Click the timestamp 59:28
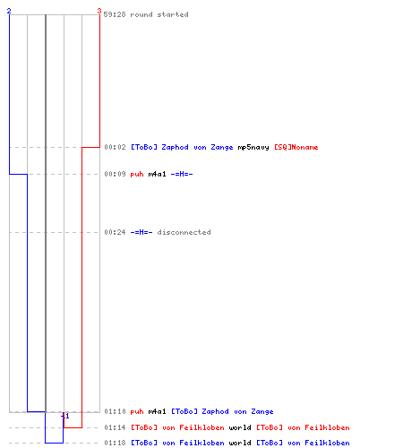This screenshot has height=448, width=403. pyautogui.click(x=115, y=14)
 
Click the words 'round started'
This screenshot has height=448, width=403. pyautogui.click(x=159, y=14)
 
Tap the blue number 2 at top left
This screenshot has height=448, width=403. pyautogui.click(x=9, y=11)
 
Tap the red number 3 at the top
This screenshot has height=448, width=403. pyautogui.click(x=99, y=11)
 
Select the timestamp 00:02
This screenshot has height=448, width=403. pyautogui.click(x=116, y=147)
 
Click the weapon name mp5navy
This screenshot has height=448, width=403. pyautogui.click(x=253, y=147)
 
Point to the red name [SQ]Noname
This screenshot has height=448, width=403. pyautogui.click(x=296, y=147)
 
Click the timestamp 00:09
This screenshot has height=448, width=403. pyautogui.click(x=116, y=174)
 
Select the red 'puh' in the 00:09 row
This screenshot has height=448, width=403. pyautogui.click(x=137, y=174)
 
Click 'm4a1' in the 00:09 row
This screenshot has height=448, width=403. pyautogui.click(x=157, y=174)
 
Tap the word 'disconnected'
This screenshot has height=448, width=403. pyautogui.click(x=184, y=232)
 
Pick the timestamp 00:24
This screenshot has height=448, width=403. pyautogui.click(x=116, y=232)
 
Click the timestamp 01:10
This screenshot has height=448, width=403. pyautogui.click(x=116, y=411)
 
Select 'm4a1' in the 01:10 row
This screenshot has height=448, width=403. pyautogui.click(x=157, y=411)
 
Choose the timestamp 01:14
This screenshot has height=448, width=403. pyautogui.click(x=116, y=427)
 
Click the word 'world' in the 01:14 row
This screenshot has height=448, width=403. pyautogui.click(x=240, y=427)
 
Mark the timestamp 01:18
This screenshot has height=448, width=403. pyautogui.click(x=116, y=443)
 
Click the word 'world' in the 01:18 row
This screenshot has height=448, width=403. pyautogui.click(x=240, y=443)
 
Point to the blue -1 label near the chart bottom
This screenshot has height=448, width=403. pyautogui.click(x=65, y=416)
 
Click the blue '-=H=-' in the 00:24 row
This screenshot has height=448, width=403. pyautogui.click(x=141, y=232)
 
